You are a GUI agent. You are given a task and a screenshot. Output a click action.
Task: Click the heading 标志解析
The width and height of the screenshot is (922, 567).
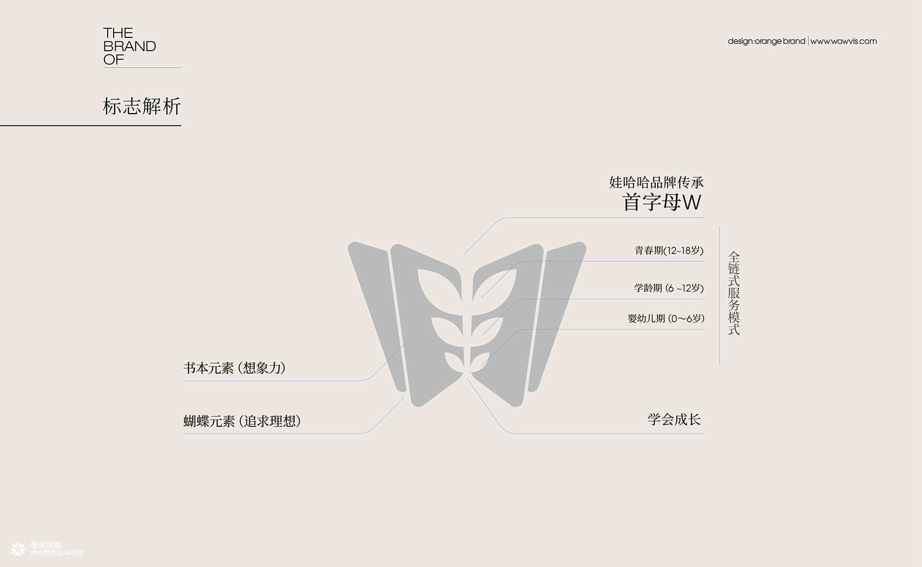[142, 107]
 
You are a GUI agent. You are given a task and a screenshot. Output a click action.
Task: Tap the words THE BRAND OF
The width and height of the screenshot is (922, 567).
[130, 47]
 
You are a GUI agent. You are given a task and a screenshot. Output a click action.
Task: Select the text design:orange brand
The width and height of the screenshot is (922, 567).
[766, 41]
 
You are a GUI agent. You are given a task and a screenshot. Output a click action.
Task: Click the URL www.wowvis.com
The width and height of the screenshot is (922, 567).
[844, 41]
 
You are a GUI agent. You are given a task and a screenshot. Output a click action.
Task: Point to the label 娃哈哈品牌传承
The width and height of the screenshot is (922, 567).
[656, 182]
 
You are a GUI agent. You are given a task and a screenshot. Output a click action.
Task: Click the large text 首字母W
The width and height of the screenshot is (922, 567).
[662, 202]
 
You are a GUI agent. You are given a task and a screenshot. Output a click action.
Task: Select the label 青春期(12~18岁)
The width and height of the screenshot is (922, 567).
[669, 250]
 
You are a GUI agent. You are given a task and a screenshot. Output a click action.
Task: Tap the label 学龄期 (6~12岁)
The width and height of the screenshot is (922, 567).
[669, 288]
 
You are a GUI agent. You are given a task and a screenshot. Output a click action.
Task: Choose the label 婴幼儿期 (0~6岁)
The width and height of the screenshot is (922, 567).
[666, 319]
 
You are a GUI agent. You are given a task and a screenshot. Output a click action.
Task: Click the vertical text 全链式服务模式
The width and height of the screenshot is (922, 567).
[734, 293]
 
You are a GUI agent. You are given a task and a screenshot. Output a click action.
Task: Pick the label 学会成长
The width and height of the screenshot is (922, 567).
[674, 419]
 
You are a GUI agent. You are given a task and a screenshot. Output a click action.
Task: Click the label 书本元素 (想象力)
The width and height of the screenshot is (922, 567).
[235, 368]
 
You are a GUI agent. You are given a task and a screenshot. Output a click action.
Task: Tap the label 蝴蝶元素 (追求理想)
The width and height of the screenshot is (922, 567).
[242, 421]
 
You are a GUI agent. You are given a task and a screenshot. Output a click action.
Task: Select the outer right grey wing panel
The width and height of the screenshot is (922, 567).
[557, 312]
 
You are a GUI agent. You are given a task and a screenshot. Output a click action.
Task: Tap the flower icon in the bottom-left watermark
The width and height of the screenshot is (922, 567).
[18, 549]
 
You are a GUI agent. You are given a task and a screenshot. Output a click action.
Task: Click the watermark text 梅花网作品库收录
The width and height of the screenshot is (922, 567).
[57, 553]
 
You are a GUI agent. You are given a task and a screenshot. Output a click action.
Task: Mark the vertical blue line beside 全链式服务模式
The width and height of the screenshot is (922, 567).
[720, 296]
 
